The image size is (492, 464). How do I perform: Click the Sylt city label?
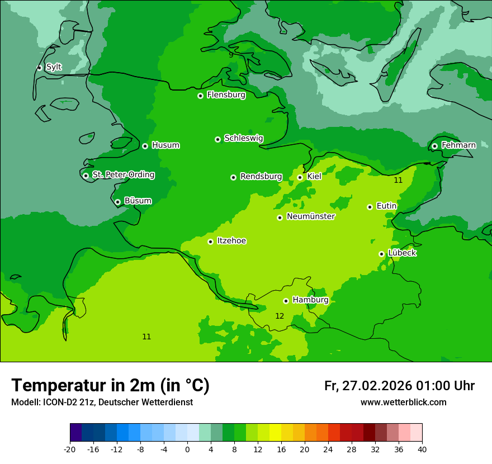[x=54, y=67]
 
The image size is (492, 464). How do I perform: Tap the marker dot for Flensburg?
[x=200, y=96]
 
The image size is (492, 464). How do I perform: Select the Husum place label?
[x=165, y=145]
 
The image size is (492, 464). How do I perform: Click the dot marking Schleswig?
[x=217, y=139]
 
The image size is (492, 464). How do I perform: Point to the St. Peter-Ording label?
[x=123, y=175]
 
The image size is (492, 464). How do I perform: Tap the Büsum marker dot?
[x=117, y=202]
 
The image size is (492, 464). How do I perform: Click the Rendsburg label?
[x=261, y=177]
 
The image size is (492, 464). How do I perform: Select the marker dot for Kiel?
[x=300, y=177]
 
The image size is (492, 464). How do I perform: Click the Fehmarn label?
[x=458, y=145]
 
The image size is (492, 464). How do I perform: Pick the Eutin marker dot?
[x=370, y=207]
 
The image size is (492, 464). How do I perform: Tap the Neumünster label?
[x=311, y=216]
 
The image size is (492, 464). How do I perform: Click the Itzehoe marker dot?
[x=210, y=242]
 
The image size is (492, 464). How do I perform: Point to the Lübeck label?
[x=402, y=253]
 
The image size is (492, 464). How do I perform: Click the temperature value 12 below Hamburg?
[x=280, y=316]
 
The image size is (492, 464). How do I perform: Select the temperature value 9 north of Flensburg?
[x=231, y=55]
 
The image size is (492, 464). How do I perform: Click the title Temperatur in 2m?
[x=110, y=385]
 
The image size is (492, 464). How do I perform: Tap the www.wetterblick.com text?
[x=403, y=403]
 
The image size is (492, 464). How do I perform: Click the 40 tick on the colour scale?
[x=422, y=449]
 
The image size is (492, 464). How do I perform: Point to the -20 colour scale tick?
[x=70, y=449]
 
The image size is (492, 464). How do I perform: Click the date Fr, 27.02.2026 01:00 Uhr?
[x=399, y=386]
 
